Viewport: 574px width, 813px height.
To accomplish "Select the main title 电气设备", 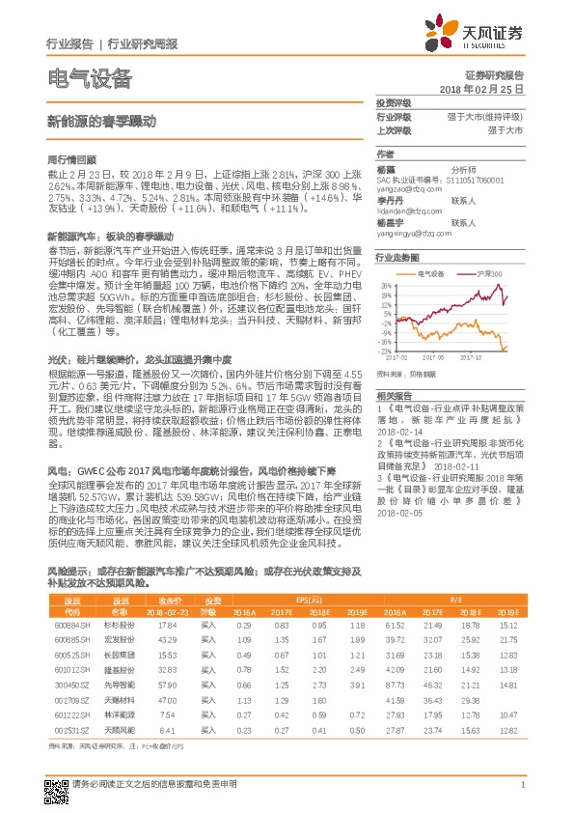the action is tap(89, 79).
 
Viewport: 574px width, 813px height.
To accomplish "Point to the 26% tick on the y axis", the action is tap(386, 286).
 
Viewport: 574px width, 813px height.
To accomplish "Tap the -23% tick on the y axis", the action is tap(385, 351).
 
